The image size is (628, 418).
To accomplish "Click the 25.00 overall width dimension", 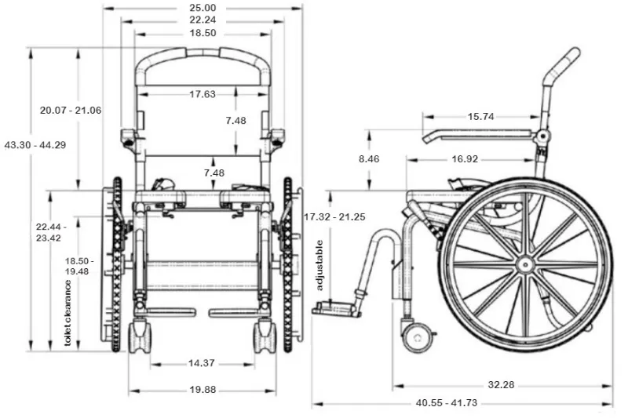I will pos(203,7).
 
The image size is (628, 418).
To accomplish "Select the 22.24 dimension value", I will pos(203,20).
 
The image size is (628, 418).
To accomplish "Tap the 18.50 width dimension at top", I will pos(203,34).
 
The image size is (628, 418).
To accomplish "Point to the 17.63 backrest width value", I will pos(203,94).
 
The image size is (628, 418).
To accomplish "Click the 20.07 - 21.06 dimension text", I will pos(71,110).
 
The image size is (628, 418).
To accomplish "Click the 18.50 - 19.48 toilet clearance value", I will pos(78,266).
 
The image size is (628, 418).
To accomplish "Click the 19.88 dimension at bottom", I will pos(203,390).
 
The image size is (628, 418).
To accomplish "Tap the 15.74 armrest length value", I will pos(480,116).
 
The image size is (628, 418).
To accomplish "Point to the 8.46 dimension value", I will pos(369,159).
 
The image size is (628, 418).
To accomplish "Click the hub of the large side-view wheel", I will pos(525,264).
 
